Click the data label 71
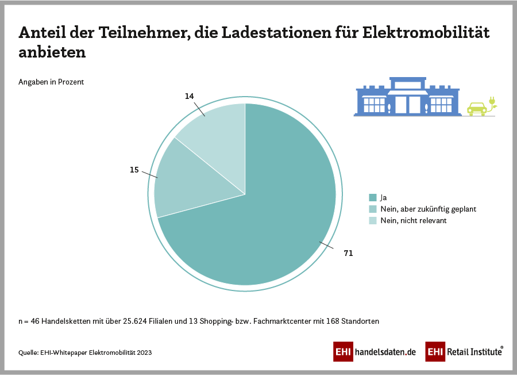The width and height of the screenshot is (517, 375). pyautogui.click(x=348, y=253)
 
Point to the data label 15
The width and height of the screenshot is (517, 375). pyautogui.click(x=134, y=170)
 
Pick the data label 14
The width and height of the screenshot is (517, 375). pyautogui.click(x=190, y=97)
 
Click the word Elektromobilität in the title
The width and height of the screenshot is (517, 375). pyautogui.click(x=426, y=33)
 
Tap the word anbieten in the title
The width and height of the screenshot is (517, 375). pyautogui.click(x=52, y=52)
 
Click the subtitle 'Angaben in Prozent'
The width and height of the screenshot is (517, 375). pyautogui.click(x=51, y=82)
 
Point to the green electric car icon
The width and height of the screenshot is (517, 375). pyautogui.click(x=476, y=108)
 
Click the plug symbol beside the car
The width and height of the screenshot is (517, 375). pyautogui.click(x=492, y=103)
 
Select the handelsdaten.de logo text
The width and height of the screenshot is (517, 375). pyautogui.click(x=385, y=351)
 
